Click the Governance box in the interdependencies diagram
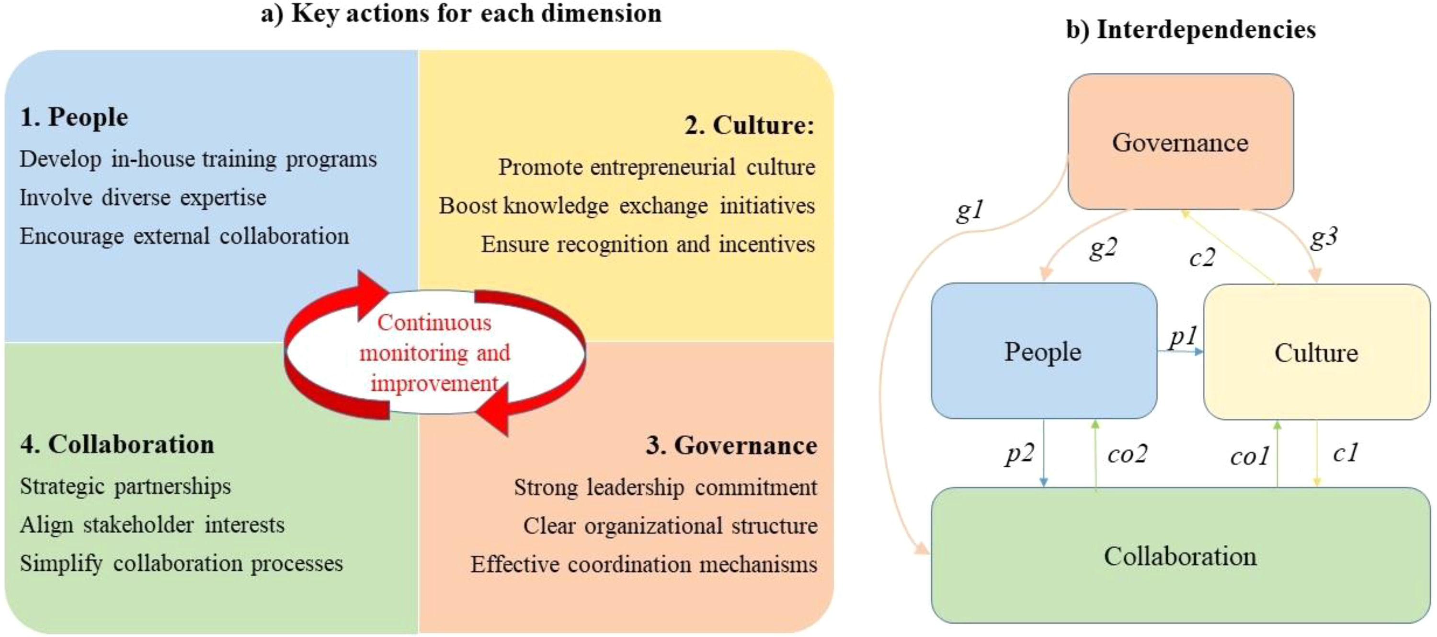pyautogui.click(x=1180, y=142)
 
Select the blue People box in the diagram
pyautogui.click(x=1043, y=351)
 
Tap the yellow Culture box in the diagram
pyautogui.click(x=1316, y=352)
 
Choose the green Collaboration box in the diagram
pyautogui.click(x=1180, y=556)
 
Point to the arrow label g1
pyautogui.click(x=970, y=211)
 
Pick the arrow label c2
pyautogui.click(x=1202, y=257)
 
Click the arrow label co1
pyautogui.click(x=1250, y=457)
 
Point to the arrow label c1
pyautogui.click(x=1345, y=452)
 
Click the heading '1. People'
pyautogui.click(x=74, y=117)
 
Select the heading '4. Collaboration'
pyautogui.click(x=117, y=444)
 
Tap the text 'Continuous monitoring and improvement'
pyautogui.click(x=434, y=353)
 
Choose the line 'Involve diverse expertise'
pyautogui.click(x=143, y=197)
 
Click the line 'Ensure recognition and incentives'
pyautogui.click(x=648, y=244)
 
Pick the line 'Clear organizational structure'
pyautogui.click(x=670, y=526)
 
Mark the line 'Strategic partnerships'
pyautogui.click(x=125, y=486)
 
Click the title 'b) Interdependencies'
pyautogui.click(x=1190, y=29)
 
